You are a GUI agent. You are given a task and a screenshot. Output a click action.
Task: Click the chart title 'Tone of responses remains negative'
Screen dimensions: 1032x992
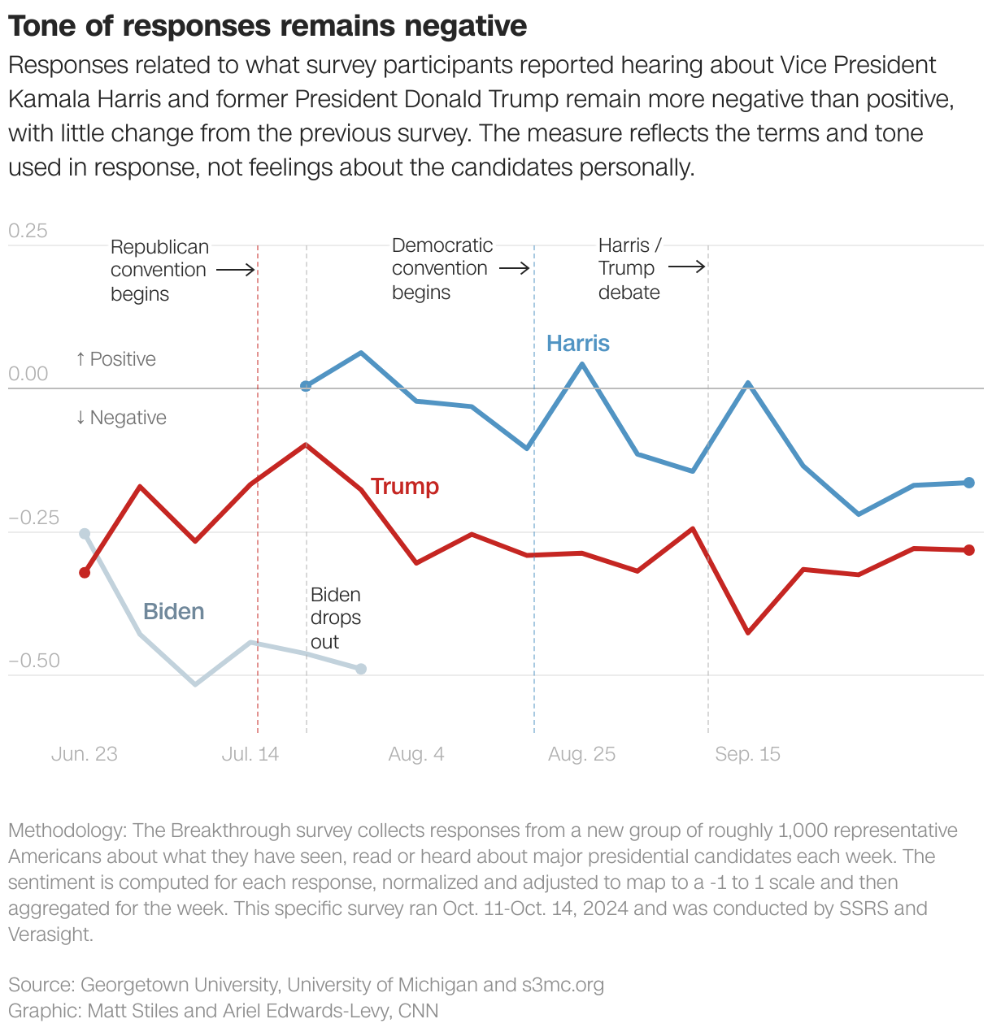(268, 26)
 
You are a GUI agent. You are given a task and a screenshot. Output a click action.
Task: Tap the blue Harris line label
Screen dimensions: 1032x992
(577, 343)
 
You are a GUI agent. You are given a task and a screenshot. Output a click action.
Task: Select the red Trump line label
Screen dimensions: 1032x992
(404, 486)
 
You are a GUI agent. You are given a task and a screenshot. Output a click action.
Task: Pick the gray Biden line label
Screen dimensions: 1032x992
(173, 611)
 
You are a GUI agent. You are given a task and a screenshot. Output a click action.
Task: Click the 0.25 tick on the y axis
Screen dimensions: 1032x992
(28, 231)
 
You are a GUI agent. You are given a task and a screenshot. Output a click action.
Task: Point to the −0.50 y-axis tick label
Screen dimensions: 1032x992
(34, 661)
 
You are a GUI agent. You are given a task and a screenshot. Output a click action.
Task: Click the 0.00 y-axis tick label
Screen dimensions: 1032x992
(28, 374)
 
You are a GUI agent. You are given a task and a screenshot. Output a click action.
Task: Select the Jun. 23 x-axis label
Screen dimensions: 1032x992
(84, 754)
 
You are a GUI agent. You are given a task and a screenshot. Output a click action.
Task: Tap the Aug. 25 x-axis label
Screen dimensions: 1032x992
(581, 754)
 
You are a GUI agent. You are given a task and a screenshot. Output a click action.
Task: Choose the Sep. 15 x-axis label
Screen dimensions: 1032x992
(747, 754)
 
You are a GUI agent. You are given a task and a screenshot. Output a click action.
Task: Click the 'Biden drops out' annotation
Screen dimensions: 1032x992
(335, 618)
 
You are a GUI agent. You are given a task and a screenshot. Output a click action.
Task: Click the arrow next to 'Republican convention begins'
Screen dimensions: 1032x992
(237, 270)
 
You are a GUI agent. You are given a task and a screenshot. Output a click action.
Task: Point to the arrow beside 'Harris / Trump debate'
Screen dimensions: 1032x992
(687, 267)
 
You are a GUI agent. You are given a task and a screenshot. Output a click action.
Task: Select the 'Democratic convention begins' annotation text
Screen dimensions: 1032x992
(442, 268)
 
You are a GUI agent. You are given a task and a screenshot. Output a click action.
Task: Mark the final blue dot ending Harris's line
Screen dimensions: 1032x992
(968, 483)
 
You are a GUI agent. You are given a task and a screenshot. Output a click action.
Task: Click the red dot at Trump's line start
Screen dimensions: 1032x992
(85, 573)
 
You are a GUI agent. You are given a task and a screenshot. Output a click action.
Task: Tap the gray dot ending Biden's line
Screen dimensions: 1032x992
(361, 669)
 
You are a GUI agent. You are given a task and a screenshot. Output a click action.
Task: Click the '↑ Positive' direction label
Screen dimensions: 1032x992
(115, 359)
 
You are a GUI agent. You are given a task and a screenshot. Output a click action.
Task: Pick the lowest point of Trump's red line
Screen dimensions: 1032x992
(748, 632)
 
